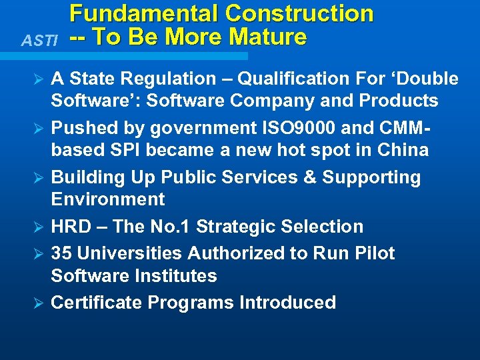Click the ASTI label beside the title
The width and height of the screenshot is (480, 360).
pos(39,41)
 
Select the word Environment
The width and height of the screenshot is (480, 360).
pos(108,199)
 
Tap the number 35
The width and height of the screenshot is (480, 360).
pos(62,253)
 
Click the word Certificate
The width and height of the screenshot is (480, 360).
pos(97,303)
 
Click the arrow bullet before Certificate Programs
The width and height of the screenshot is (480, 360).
pos(39,303)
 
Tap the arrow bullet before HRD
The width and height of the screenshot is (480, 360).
pos(39,227)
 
